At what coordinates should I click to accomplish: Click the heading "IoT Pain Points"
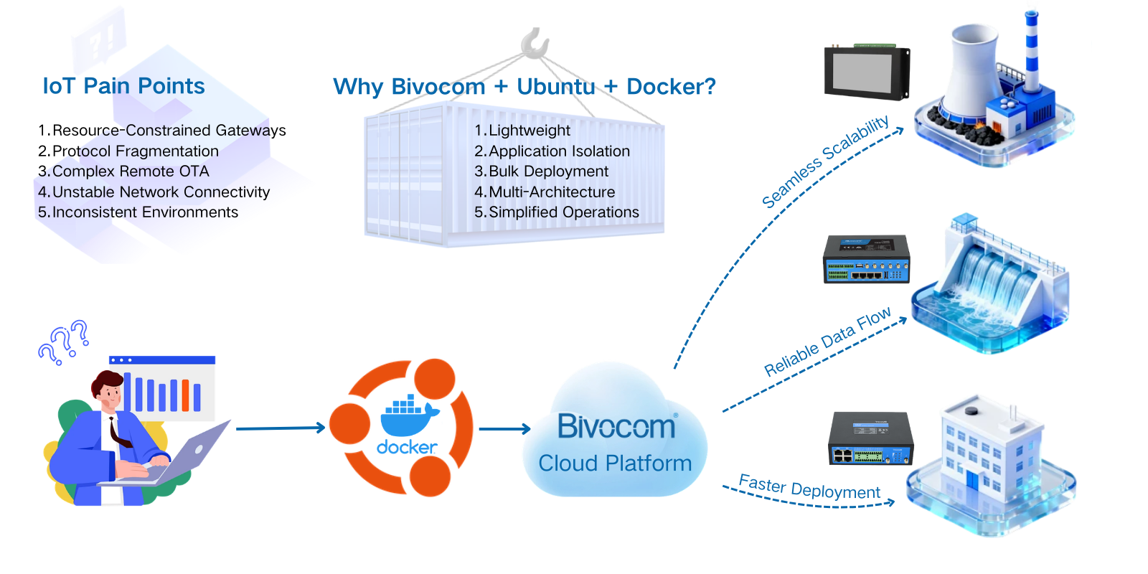tap(123, 86)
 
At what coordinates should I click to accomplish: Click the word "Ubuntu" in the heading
tap(555, 87)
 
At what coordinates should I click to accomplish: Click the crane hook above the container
tap(535, 44)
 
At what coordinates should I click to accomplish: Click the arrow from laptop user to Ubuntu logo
tap(280, 428)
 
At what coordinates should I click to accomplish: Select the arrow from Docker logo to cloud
tap(504, 429)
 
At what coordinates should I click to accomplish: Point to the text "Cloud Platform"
tap(615, 464)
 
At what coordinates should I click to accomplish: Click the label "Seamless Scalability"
tap(825, 161)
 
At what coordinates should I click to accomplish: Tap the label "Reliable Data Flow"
tap(827, 342)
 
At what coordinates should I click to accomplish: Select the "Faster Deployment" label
tap(809, 487)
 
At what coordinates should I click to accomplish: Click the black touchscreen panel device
tap(867, 72)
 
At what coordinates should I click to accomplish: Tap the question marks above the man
tap(65, 341)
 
